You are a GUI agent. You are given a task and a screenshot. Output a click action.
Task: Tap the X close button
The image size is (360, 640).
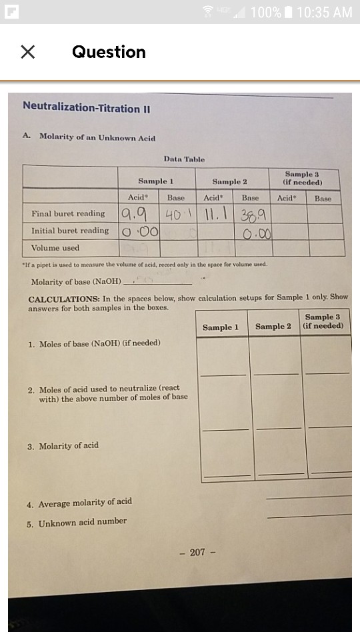point(27,52)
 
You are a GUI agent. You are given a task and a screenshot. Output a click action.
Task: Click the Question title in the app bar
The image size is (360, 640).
point(109,52)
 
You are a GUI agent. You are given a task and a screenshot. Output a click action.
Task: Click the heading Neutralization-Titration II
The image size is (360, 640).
point(81,107)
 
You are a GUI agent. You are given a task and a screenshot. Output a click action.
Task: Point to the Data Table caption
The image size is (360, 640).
point(184,159)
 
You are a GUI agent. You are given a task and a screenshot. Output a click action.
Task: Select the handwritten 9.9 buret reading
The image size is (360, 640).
point(135,213)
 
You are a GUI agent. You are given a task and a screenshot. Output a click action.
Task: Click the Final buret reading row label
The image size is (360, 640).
point(68,214)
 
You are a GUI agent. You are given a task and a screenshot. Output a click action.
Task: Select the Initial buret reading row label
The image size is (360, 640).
point(70,231)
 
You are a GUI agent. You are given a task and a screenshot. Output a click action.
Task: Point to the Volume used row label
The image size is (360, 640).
point(55,248)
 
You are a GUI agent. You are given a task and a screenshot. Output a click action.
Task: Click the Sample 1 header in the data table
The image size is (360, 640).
point(156,181)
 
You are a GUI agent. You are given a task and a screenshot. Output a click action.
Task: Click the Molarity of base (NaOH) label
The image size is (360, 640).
point(77,281)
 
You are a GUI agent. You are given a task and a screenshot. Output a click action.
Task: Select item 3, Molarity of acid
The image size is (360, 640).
point(63,446)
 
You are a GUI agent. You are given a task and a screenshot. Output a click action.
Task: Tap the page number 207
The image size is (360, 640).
point(197,552)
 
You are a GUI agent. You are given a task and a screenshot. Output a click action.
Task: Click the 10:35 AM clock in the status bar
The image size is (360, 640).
point(324,12)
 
